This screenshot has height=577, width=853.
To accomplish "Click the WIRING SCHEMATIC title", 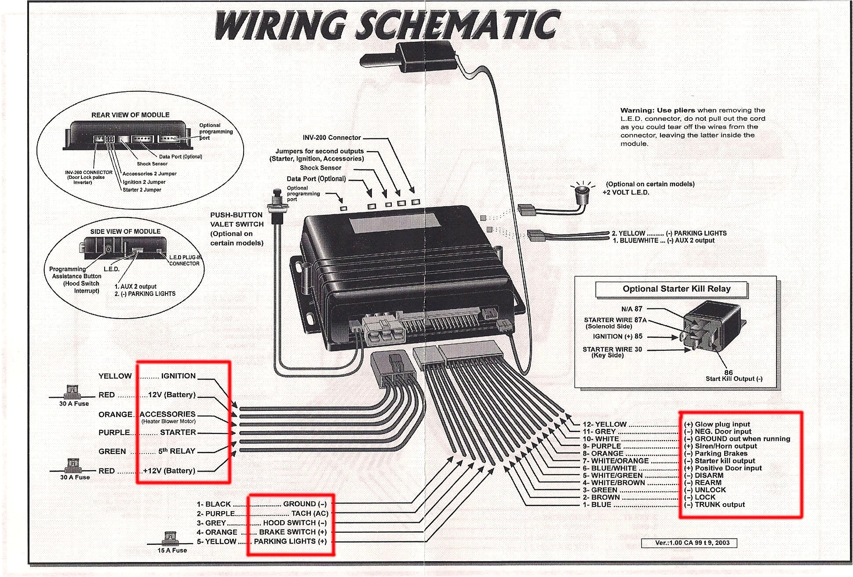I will pos(387,25).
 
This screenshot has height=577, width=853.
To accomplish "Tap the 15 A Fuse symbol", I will pos(171,538).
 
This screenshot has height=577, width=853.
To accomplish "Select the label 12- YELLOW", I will pos(604,424).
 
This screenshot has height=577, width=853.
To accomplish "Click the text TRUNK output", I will pos(719,504).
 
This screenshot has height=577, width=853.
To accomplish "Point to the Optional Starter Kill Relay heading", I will pos(676,289).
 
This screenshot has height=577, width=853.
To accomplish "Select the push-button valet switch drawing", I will pos(277,207).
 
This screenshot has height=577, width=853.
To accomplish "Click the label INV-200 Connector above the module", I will pos(332,138).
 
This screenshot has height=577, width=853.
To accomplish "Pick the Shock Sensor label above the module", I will pos(320,168).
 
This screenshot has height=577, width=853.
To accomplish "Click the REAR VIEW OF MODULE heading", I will pos(130,115).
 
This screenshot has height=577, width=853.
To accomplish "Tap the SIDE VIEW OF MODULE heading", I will pos(125,232).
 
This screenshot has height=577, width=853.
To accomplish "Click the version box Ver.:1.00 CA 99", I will pos(689,543).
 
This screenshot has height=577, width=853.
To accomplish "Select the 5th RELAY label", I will pos(176,451).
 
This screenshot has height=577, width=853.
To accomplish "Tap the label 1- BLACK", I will pos(214,504).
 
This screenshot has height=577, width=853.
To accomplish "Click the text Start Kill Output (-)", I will pos(734,379).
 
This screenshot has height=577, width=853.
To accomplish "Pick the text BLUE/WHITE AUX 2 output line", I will pos(664,241).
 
